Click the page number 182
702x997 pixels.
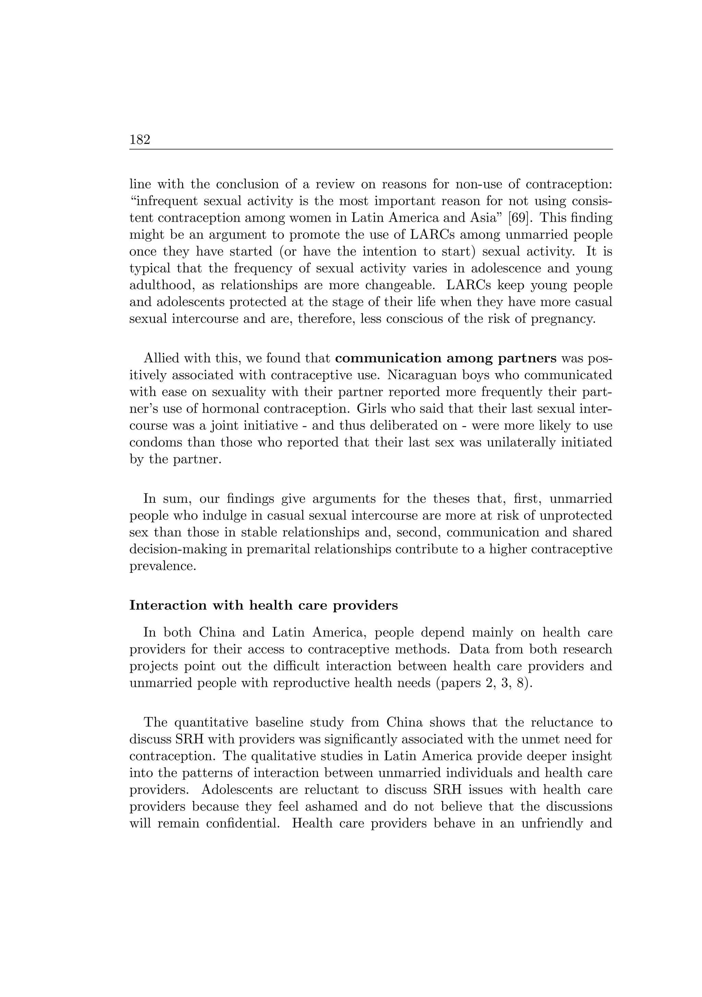click(x=140, y=140)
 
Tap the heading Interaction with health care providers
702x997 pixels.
click(x=263, y=605)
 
